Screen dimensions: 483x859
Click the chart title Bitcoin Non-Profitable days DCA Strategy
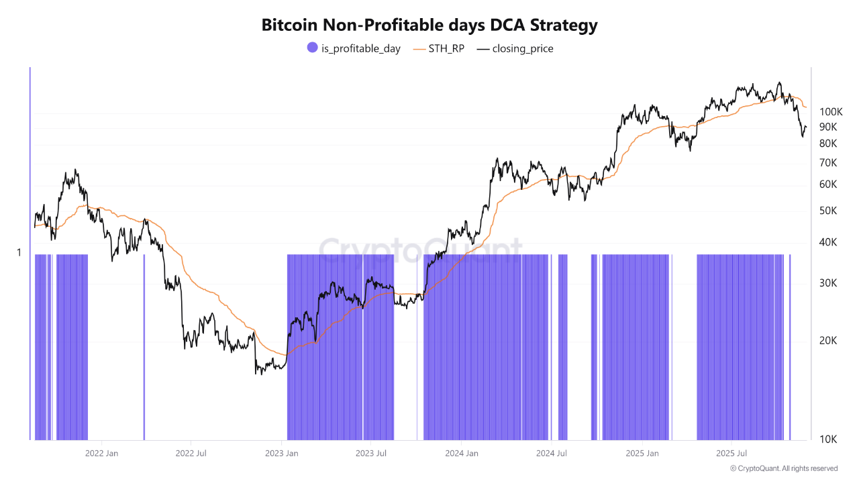click(x=429, y=25)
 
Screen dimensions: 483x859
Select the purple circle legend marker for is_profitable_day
click(x=312, y=48)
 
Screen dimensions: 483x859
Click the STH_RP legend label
click(x=446, y=48)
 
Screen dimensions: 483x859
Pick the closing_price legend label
click(x=523, y=48)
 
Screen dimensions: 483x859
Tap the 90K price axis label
click(x=827, y=127)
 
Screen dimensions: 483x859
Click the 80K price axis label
click(x=827, y=144)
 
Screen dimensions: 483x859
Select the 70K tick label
click(x=827, y=163)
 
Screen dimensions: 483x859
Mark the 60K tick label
click(x=827, y=184)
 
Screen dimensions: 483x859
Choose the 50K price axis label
click(x=827, y=211)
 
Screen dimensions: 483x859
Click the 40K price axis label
click(x=827, y=242)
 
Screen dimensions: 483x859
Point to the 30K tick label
click(x=827, y=283)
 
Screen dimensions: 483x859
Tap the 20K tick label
click(x=827, y=341)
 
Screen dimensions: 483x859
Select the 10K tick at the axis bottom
click(x=827, y=439)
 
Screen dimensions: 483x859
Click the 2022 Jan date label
click(x=102, y=453)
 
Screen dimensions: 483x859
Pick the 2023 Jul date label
click(x=372, y=453)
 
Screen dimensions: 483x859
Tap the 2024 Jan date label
click(x=462, y=453)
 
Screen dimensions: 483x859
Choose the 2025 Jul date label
click(x=732, y=453)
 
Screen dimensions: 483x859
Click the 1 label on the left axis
click(x=19, y=253)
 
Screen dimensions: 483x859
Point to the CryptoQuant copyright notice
click(x=784, y=468)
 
